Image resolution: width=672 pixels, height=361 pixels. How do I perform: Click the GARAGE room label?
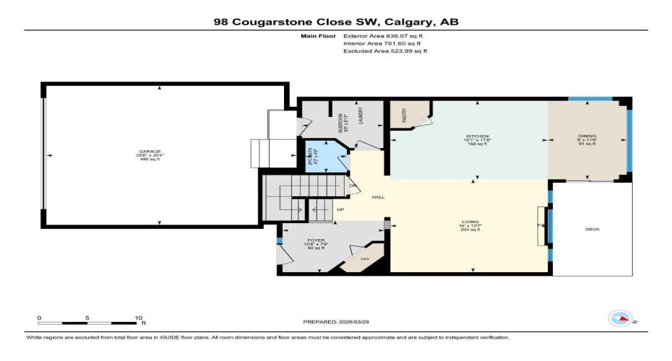(150, 152)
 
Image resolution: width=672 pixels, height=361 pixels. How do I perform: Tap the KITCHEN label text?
(478, 136)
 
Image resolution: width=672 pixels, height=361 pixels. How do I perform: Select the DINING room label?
(586, 136)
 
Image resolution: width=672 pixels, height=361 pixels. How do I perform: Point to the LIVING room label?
(473, 222)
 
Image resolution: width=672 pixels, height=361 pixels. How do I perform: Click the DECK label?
(592, 230)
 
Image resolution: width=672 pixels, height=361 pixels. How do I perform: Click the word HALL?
(377, 197)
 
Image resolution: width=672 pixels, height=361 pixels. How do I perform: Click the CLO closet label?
(365, 258)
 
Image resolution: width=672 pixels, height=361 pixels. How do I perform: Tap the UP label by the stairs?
(340, 209)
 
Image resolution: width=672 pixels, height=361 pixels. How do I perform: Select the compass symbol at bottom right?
(621, 317)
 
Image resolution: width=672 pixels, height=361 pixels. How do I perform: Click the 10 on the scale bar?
(138, 318)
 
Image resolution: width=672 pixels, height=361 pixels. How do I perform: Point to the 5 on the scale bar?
(88, 318)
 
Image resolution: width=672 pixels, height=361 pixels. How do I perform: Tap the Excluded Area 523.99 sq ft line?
(385, 51)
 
